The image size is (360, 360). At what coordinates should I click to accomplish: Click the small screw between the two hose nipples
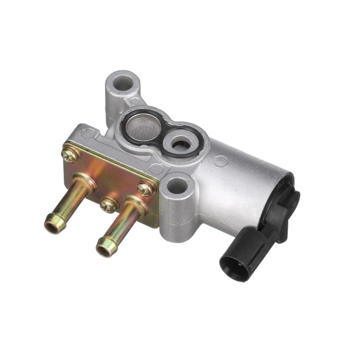click(109, 205)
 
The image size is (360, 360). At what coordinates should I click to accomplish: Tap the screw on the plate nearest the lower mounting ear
click(146, 189)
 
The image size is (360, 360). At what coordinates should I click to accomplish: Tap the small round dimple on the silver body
click(221, 161)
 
